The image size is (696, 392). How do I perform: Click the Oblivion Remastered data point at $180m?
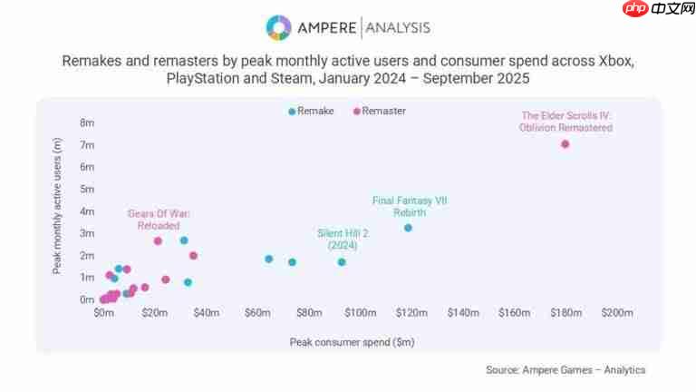click(x=565, y=144)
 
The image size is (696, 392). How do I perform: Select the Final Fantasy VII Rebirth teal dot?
click(x=408, y=228)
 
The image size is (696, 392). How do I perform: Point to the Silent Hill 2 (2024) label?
click(x=343, y=239)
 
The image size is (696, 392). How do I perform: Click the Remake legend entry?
click(x=311, y=111)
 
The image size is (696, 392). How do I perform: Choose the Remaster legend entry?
click(x=380, y=111)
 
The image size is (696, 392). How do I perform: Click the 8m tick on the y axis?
click(x=87, y=122)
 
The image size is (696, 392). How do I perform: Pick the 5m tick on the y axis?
click(x=87, y=189)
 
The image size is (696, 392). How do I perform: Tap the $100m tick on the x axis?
click(x=361, y=313)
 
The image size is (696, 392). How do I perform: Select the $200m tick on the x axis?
click(x=617, y=313)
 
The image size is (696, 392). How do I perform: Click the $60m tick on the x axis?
click(x=258, y=313)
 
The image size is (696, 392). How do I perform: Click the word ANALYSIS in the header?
click(x=396, y=28)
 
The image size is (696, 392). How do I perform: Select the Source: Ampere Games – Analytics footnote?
click(x=565, y=369)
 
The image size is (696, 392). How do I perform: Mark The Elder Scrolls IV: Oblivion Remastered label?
click(x=565, y=122)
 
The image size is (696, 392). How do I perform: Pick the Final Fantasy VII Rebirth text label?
click(x=410, y=206)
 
